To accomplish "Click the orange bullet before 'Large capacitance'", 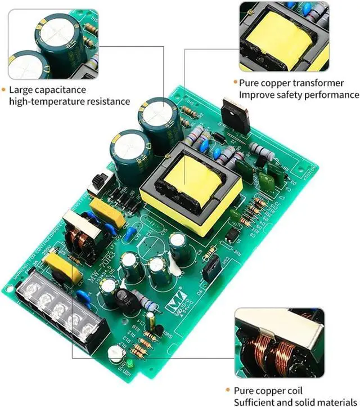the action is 3,90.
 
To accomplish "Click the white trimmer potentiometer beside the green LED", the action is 116,354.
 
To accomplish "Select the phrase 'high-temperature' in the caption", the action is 43,101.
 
